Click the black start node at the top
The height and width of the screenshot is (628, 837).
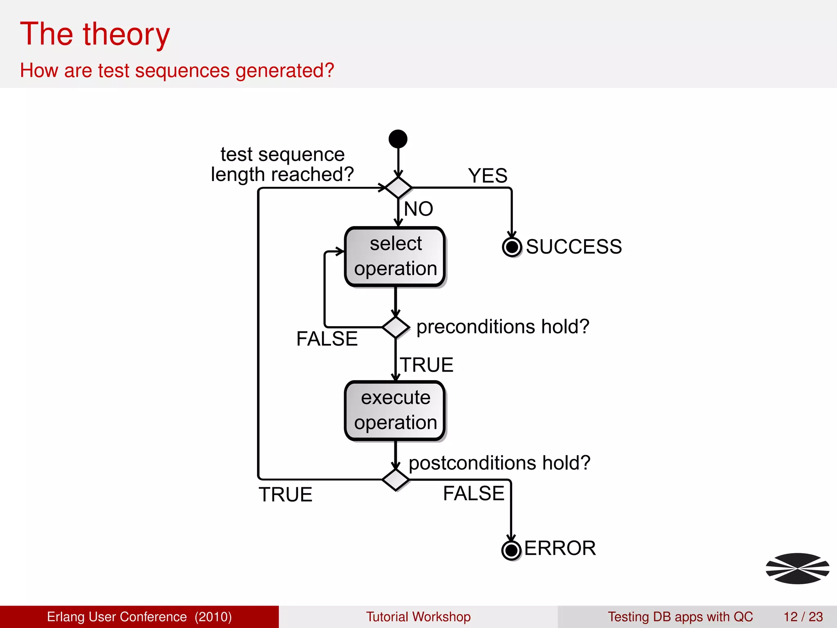(398, 139)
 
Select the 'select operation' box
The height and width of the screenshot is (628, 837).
(395, 257)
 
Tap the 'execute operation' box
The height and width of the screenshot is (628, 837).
(395, 410)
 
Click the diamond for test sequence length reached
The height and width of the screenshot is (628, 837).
(398, 188)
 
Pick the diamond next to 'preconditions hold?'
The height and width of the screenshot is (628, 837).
(396, 327)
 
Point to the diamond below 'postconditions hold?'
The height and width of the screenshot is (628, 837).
(395, 480)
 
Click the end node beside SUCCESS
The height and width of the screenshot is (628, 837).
(512, 247)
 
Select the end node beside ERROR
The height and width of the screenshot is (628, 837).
(511, 550)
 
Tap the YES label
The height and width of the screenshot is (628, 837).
(488, 176)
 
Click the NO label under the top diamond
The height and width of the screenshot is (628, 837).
(418, 209)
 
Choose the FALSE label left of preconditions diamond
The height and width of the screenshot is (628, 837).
(327, 339)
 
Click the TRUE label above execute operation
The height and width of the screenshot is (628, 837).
(427, 365)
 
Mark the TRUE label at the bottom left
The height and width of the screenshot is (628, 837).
(285, 495)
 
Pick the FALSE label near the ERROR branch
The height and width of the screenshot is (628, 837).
(474, 493)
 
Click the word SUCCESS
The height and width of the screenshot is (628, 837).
(573, 247)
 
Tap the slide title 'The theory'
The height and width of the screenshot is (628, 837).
(95, 34)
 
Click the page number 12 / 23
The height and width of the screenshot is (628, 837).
(803, 617)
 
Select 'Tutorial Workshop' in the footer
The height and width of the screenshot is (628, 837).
(418, 617)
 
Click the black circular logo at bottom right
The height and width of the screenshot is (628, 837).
(797, 568)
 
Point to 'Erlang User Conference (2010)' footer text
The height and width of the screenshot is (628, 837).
(139, 617)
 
